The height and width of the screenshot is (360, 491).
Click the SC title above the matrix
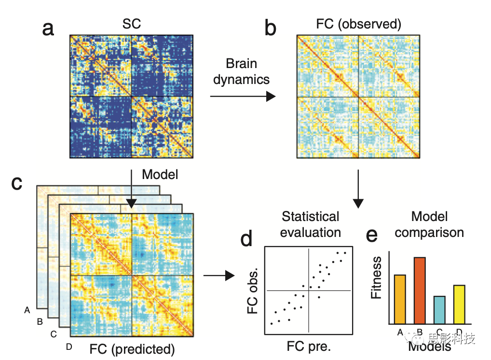coord(132,24)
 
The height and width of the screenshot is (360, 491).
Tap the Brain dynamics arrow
coord(243,97)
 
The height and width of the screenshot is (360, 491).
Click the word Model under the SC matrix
coord(160,175)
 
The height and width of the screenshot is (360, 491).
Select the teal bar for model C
coord(439,309)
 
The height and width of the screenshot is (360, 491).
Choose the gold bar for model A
coord(400,299)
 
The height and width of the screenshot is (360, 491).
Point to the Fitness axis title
coord(376,277)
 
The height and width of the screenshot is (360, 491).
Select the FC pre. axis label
coord(309,346)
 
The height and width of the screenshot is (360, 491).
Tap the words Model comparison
coord(428,224)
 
